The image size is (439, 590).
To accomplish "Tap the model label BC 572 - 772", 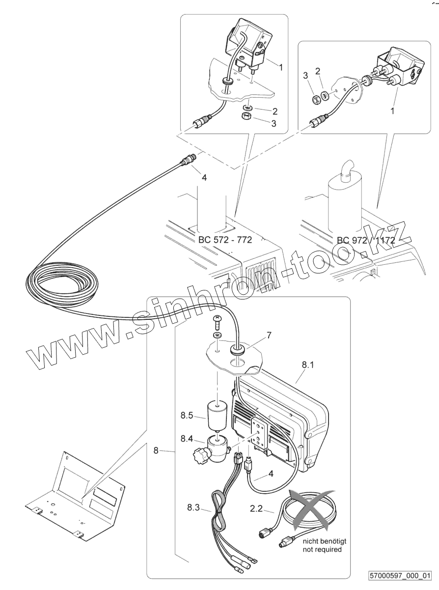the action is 225,240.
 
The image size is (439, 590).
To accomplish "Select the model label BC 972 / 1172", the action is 366,240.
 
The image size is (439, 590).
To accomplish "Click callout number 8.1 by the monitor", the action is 308,365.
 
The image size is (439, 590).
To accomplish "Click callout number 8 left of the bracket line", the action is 156,450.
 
